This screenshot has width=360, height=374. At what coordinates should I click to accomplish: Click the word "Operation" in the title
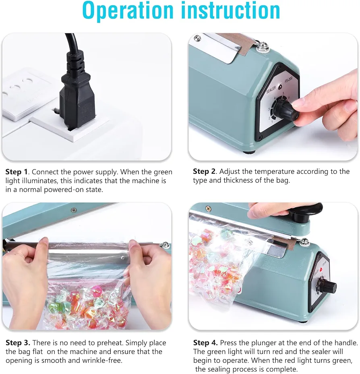click(x=128, y=11)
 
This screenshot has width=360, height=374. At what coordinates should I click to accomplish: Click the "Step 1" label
click(x=17, y=172)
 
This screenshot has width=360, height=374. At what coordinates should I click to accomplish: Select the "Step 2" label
click(x=204, y=171)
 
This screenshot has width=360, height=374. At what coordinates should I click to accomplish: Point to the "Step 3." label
click(x=18, y=343)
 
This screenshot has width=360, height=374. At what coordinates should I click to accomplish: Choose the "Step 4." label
click(x=205, y=343)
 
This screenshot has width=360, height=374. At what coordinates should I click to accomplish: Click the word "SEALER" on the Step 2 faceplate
click(x=271, y=90)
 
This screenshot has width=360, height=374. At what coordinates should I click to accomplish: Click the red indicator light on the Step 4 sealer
click(x=321, y=269)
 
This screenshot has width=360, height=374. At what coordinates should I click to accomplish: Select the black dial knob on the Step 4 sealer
click(x=329, y=286)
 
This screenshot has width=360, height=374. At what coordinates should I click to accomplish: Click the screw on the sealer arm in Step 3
click(x=74, y=210)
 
